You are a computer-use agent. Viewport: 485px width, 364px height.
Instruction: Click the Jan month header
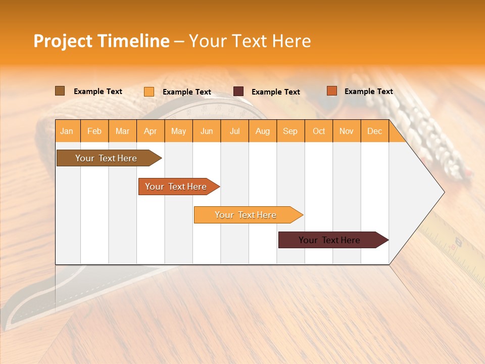[x=67, y=131]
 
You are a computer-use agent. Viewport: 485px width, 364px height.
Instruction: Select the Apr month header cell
[x=151, y=131]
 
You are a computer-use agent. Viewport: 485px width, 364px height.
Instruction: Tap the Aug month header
[x=263, y=131]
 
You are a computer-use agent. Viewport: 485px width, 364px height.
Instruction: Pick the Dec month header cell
[x=375, y=131]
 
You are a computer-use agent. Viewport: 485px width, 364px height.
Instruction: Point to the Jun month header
[x=207, y=131]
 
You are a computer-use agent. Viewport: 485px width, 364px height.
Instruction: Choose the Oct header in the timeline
[x=319, y=131]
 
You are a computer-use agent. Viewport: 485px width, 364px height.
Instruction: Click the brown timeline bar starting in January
[x=106, y=158]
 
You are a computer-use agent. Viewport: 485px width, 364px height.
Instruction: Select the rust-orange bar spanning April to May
[x=176, y=187]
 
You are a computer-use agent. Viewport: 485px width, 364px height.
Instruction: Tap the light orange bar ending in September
[x=246, y=215]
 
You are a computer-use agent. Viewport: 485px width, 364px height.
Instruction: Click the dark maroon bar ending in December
[x=329, y=240]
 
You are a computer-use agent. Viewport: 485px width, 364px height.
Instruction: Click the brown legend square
[x=60, y=91]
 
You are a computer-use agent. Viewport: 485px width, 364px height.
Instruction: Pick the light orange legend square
[x=149, y=92]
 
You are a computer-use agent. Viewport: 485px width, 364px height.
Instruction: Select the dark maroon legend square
[x=238, y=92]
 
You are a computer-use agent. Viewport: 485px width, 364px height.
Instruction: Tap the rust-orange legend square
[x=331, y=91]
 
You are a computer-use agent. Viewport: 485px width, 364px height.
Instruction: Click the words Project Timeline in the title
[x=101, y=41]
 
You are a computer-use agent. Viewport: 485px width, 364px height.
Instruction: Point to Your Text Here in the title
[x=250, y=41]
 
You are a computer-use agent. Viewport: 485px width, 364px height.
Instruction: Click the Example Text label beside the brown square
[x=98, y=92]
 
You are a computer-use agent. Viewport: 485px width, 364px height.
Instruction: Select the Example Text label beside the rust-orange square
[x=368, y=92]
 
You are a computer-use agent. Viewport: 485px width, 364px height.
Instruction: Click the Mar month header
[x=122, y=131]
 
